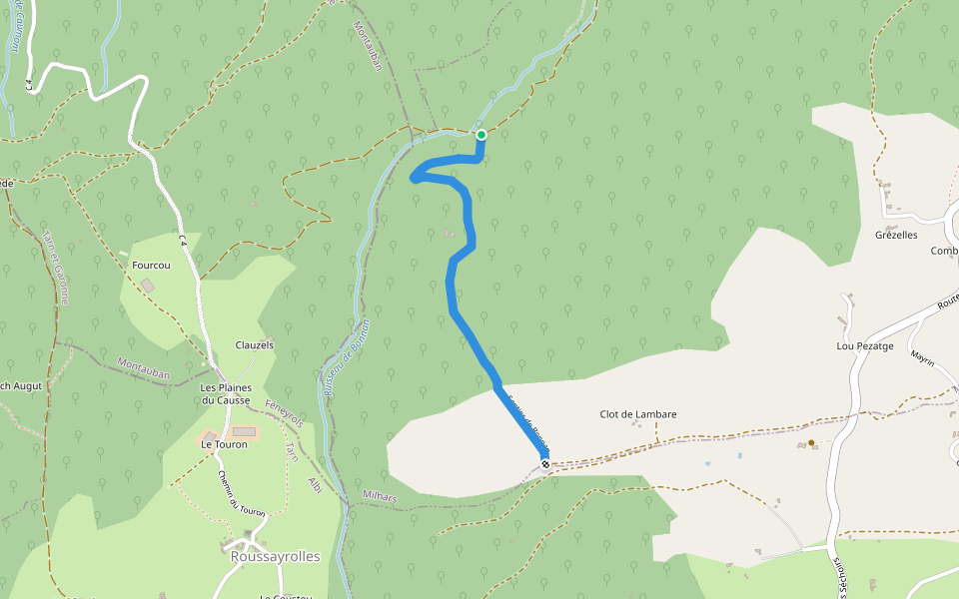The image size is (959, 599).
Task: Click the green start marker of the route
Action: point(481,135)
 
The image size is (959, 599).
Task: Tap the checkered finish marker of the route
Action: point(544,464)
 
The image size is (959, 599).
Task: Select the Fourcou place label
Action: point(152,267)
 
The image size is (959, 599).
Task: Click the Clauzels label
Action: point(254,345)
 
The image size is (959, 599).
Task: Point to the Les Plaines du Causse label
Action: point(225,393)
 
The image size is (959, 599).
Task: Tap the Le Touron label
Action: point(224,444)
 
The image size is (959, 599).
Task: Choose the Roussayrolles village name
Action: point(275,556)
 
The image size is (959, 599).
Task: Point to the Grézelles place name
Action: point(896,236)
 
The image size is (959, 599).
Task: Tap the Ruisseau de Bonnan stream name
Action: point(347,358)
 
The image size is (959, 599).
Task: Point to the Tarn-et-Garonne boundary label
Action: point(56,265)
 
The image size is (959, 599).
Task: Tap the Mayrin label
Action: point(921,358)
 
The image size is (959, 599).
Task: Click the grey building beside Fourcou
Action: point(149,286)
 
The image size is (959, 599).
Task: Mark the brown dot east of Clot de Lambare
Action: point(811,442)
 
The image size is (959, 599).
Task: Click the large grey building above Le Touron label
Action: point(244,432)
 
